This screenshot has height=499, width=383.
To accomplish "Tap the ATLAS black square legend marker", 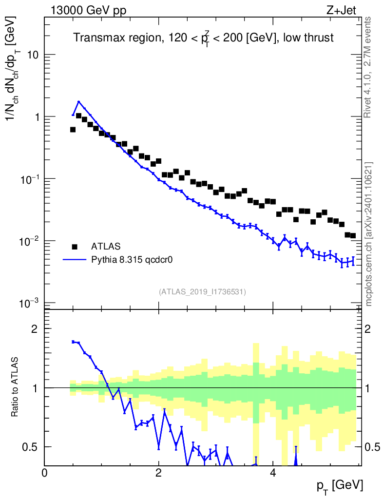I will tap(75, 246).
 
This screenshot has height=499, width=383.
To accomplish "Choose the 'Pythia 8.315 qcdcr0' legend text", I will tap(133, 260).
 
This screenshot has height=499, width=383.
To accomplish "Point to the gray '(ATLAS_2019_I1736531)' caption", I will tap(202, 292).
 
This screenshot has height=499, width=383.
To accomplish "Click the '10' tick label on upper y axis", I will tap(33, 55).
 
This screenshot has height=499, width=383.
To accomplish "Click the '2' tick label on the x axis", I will tap(158, 473).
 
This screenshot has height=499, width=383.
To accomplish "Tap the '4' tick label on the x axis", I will tap(273, 473).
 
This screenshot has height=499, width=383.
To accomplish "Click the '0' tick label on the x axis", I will tap(44, 473).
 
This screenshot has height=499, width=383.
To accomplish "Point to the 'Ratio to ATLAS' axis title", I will tap(16, 387).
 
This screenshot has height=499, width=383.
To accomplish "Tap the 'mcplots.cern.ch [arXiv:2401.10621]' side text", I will tap(369, 234).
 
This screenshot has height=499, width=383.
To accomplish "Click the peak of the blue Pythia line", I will tap(78, 102).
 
